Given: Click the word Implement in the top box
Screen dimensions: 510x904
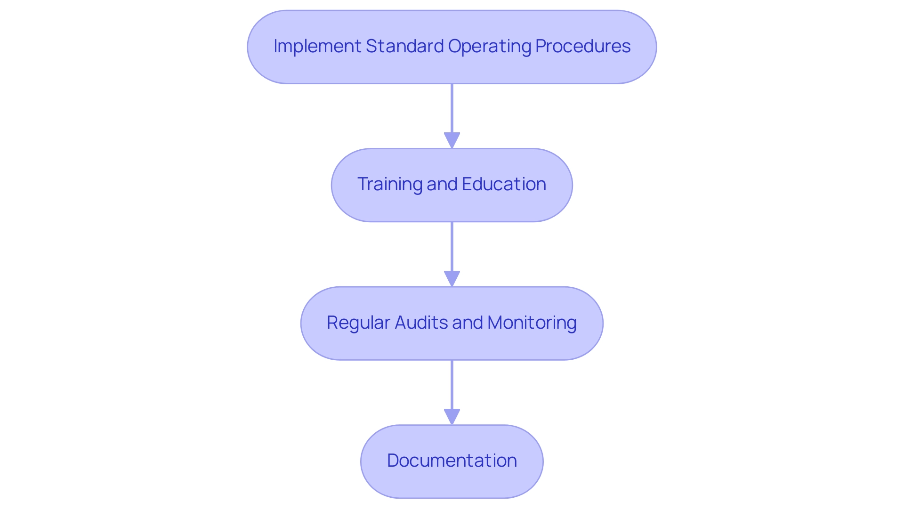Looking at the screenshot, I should point(317,46).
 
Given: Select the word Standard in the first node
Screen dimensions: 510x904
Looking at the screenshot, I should point(404,46).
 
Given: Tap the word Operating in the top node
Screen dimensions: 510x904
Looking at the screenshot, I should point(489,46).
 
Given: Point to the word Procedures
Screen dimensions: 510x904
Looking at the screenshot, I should point(583,46).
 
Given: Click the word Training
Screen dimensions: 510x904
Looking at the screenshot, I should point(389,184).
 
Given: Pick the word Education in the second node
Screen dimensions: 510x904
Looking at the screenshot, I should point(504,184).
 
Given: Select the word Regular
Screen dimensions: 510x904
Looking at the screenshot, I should point(358,323).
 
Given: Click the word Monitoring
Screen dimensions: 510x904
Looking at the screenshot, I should point(532,323).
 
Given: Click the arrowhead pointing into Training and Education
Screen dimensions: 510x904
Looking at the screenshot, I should point(452,141).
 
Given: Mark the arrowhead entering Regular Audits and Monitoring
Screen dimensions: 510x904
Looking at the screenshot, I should point(452,279).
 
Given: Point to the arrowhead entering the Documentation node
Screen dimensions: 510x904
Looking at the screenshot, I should point(452,417).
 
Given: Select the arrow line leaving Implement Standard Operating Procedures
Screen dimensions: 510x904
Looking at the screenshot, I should point(452,108).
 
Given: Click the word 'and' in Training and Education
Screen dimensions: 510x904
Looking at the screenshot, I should point(443,184).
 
